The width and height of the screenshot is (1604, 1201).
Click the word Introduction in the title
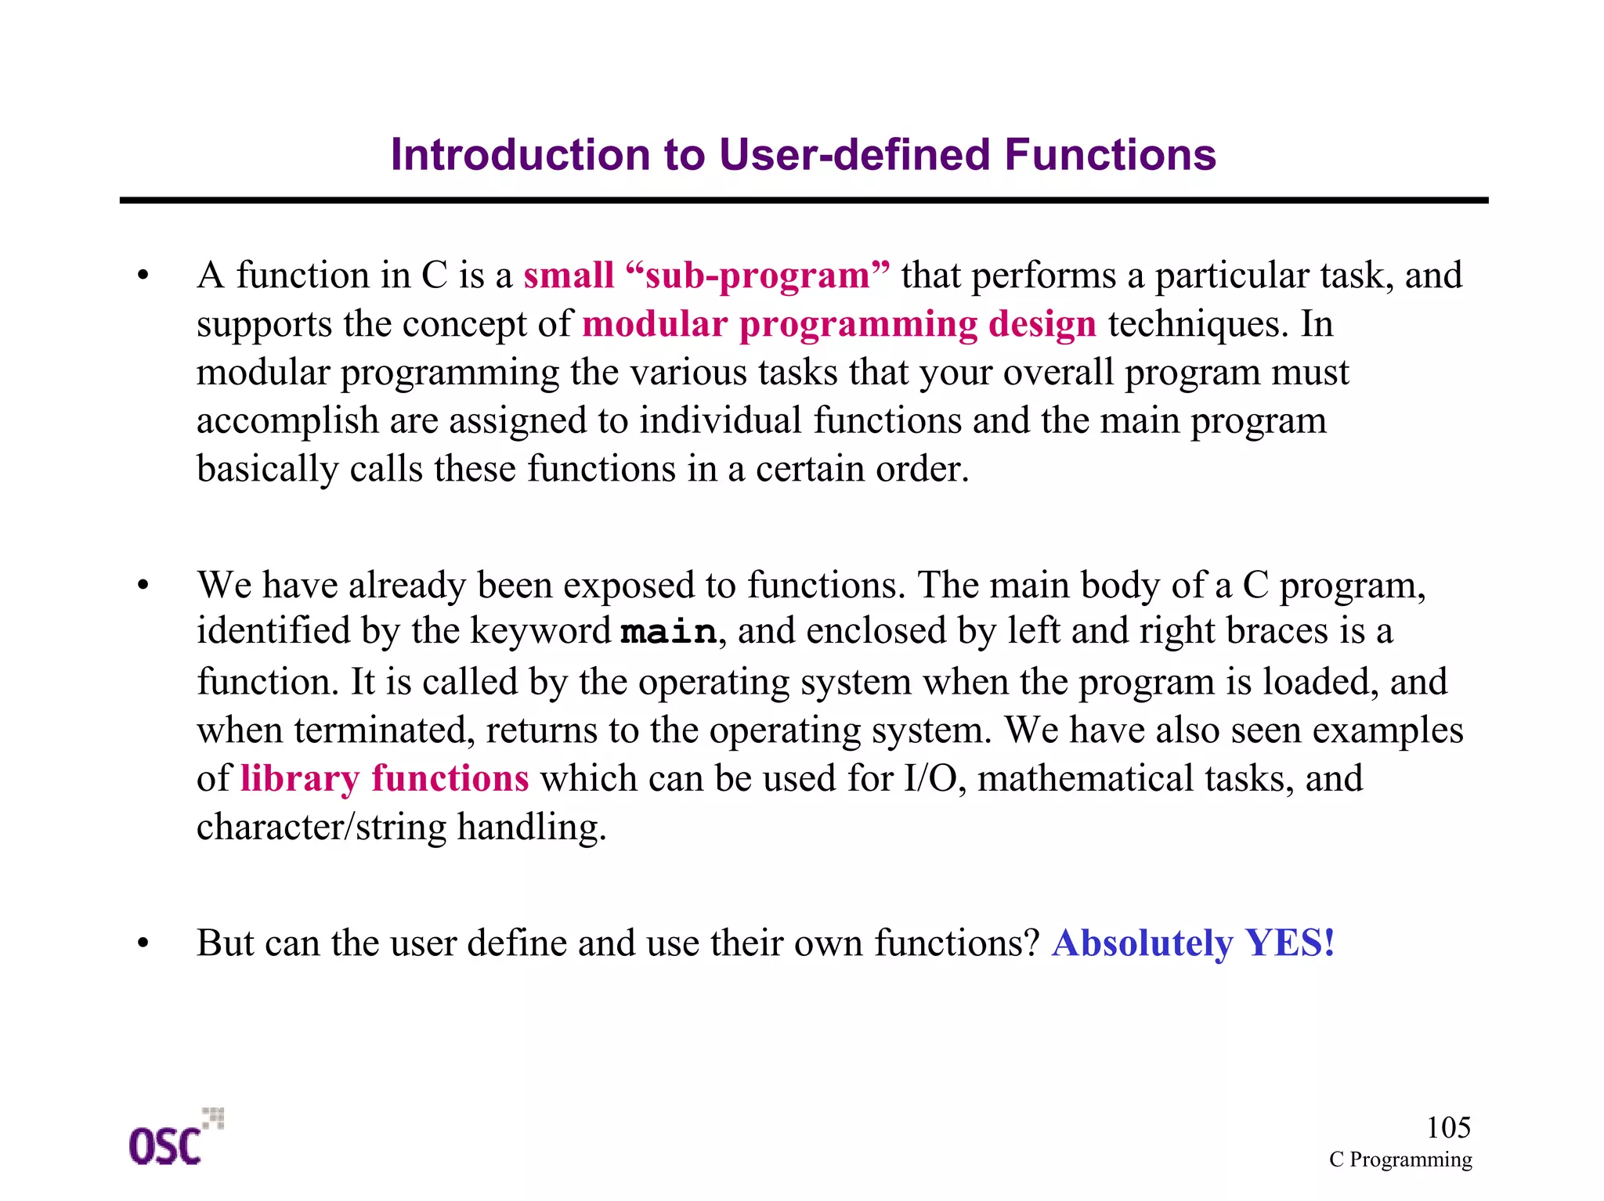click(x=521, y=154)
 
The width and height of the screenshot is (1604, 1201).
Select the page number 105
click(x=1447, y=1127)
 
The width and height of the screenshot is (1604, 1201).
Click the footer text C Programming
click(x=1400, y=1160)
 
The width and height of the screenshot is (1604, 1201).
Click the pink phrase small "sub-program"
click(x=706, y=276)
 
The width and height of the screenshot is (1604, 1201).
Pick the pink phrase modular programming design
click(x=839, y=324)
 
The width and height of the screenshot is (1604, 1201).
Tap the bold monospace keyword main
click(x=668, y=632)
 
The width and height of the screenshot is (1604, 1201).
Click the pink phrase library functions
click(x=384, y=778)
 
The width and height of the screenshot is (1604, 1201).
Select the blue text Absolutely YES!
click(x=1192, y=943)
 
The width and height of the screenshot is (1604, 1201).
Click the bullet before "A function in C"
click(x=143, y=276)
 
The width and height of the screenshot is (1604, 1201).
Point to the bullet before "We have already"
click(x=143, y=586)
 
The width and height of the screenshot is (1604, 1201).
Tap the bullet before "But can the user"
click(x=143, y=943)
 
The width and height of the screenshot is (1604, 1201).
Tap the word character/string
click(x=321, y=827)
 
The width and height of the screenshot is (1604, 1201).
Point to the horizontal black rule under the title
click(x=803, y=200)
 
